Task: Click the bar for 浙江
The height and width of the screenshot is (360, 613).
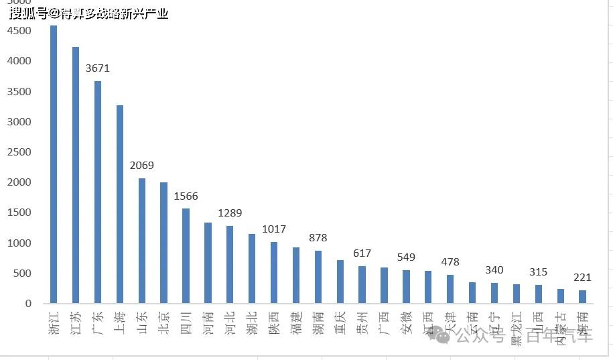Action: point(54,164)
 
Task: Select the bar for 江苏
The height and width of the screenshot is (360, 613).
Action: point(76,175)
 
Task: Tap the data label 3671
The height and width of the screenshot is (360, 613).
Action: point(98,68)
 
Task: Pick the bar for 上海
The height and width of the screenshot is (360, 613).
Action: point(120,204)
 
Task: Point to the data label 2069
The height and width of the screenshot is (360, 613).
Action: point(142,165)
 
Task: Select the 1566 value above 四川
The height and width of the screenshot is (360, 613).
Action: point(186,196)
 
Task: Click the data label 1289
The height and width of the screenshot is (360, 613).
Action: point(230,213)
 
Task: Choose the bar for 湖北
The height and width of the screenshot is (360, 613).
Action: point(252,268)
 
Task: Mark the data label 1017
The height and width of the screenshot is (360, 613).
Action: point(274,229)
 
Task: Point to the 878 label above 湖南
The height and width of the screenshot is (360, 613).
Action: point(318,237)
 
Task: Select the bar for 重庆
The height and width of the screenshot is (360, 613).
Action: point(340,282)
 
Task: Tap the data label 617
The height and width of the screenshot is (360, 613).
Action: point(362,253)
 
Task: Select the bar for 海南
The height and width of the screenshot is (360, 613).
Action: point(582,296)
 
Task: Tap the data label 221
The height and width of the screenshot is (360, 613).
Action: point(582,277)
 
